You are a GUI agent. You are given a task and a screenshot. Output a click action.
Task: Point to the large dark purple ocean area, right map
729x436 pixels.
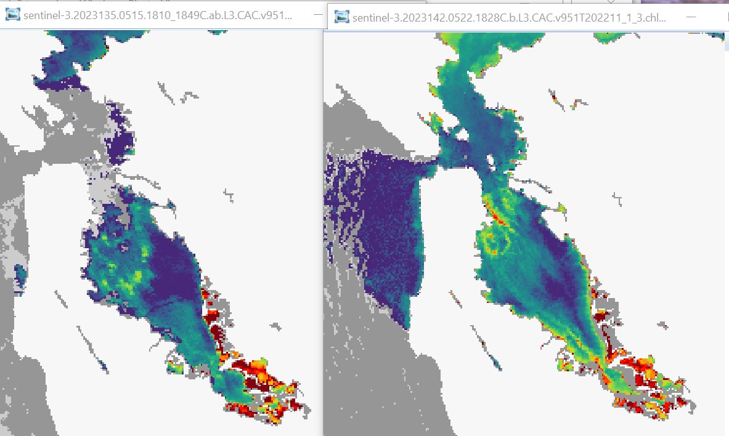(x=376, y=234)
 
